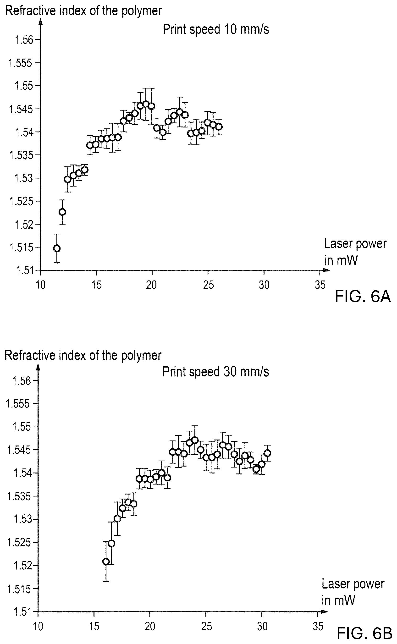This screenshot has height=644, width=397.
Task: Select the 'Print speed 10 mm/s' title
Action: tap(216, 29)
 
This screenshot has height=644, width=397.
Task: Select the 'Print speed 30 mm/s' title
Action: tap(215, 372)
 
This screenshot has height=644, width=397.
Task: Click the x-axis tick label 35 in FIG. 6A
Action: tap(320, 285)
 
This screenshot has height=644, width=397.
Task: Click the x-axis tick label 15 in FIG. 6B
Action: tap(94, 627)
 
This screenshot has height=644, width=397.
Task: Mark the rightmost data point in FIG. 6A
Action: tap(219, 127)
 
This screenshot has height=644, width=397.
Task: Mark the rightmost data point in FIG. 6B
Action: tap(268, 453)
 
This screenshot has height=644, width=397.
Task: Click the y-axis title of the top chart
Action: tap(83, 11)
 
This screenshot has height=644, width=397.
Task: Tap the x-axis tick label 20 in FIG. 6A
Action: tap(151, 285)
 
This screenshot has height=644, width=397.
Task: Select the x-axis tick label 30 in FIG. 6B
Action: tap(262, 627)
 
